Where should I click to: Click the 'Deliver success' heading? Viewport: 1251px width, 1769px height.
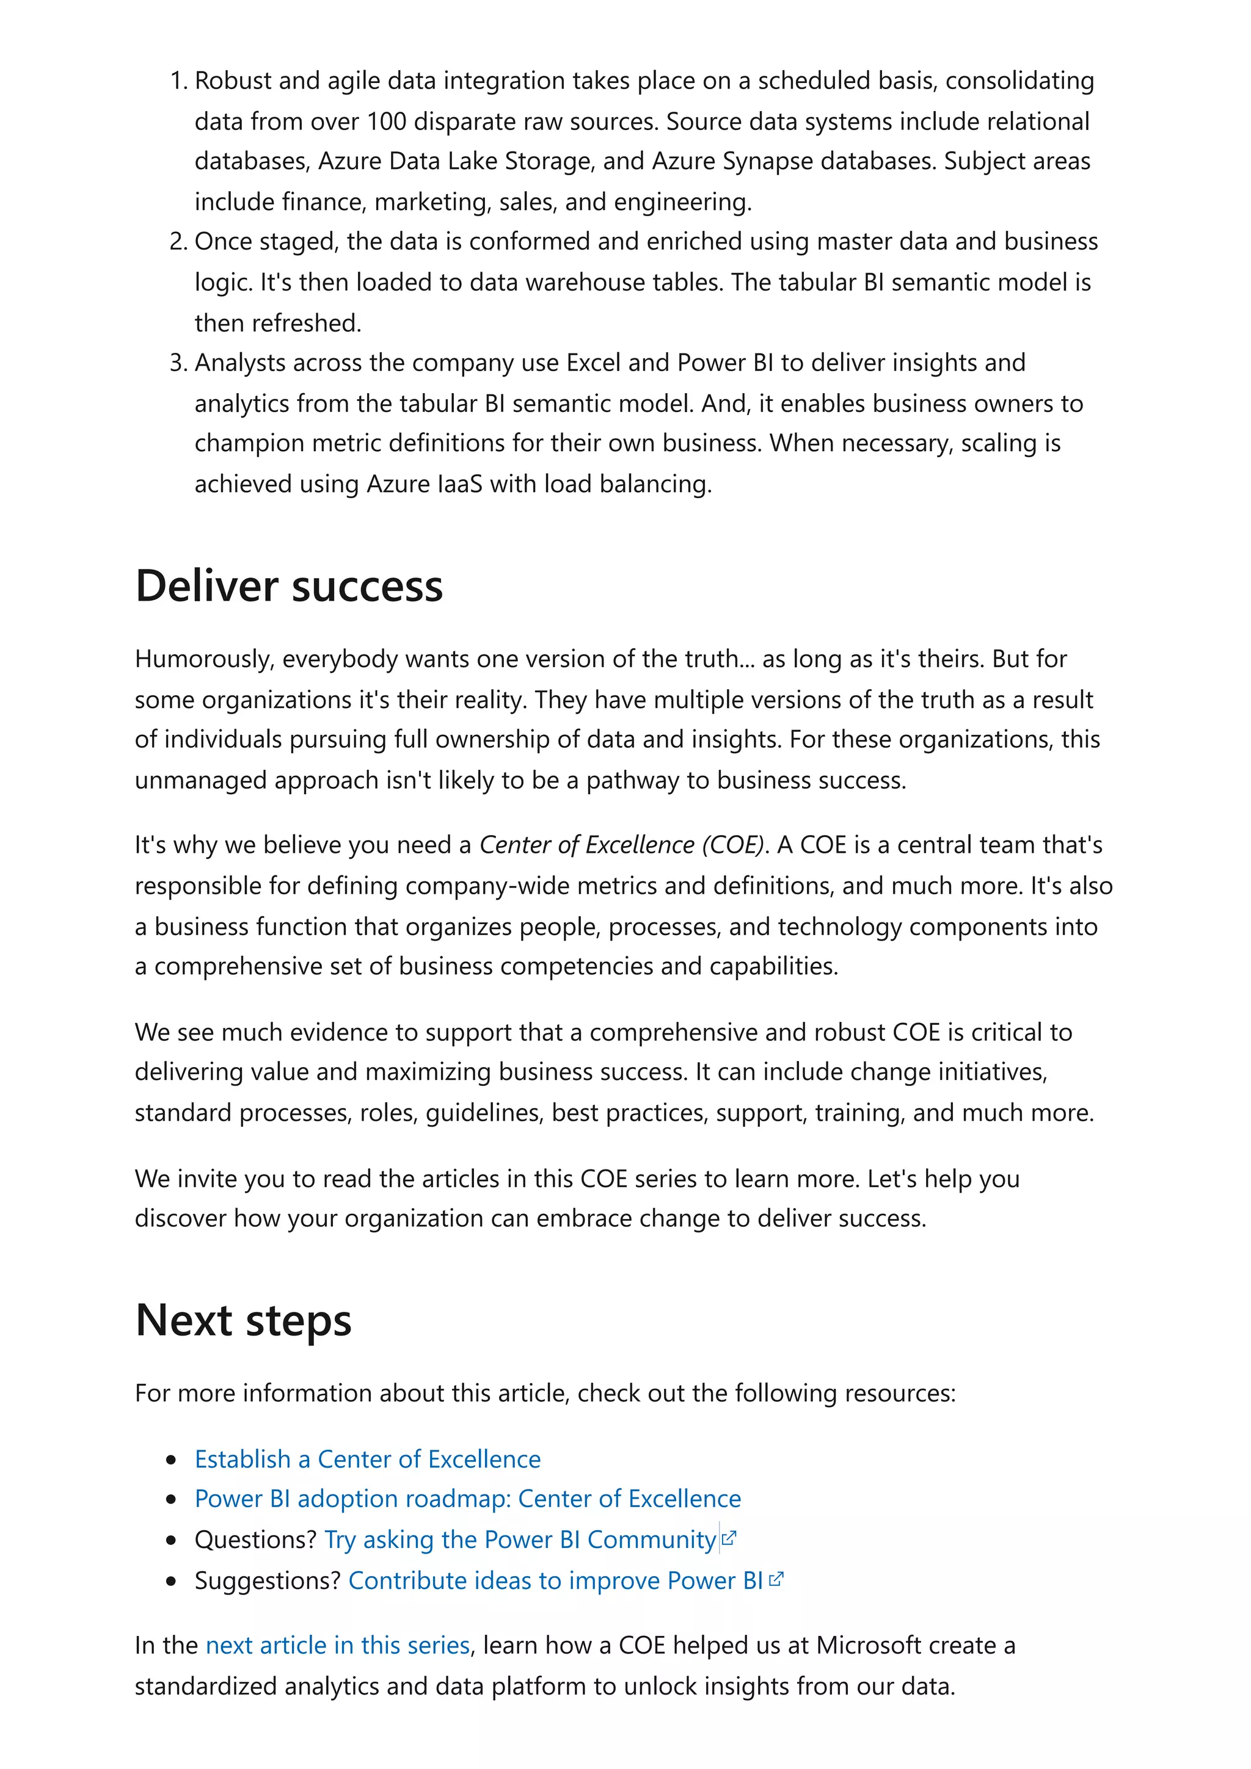pyautogui.click(x=289, y=587)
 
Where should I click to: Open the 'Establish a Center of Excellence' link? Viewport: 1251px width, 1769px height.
pyautogui.click(x=368, y=1460)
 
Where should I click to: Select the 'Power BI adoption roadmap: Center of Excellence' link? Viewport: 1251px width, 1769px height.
pyautogui.click(x=468, y=1499)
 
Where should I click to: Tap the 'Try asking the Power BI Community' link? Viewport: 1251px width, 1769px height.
pyautogui.click(x=520, y=1539)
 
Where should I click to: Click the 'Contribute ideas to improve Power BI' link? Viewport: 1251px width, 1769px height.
pyautogui.click(x=555, y=1580)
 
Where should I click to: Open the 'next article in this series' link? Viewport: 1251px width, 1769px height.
pyautogui.click(x=338, y=1645)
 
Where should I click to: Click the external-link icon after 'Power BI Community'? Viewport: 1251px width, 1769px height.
pyautogui.click(x=729, y=1539)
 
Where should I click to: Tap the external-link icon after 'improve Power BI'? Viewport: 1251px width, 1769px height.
pyautogui.click(x=776, y=1580)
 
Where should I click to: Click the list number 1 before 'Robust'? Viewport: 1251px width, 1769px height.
pyautogui.click(x=177, y=81)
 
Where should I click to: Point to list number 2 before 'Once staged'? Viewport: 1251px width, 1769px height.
pyautogui.click(x=177, y=242)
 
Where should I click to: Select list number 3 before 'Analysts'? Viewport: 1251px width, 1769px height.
pyautogui.click(x=177, y=363)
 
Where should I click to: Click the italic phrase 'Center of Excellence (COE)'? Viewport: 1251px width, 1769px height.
pyautogui.click(x=623, y=845)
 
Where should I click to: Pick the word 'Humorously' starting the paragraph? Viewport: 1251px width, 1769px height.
pyautogui.click(x=203, y=659)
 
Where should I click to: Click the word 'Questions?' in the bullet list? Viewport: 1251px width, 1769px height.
pyautogui.click(x=255, y=1539)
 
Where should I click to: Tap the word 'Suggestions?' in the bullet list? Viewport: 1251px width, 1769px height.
pyautogui.click(x=268, y=1580)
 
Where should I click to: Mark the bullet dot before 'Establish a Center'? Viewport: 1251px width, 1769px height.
pyautogui.click(x=172, y=1460)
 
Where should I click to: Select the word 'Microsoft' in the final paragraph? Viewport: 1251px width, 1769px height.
pyautogui.click(x=869, y=1645)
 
